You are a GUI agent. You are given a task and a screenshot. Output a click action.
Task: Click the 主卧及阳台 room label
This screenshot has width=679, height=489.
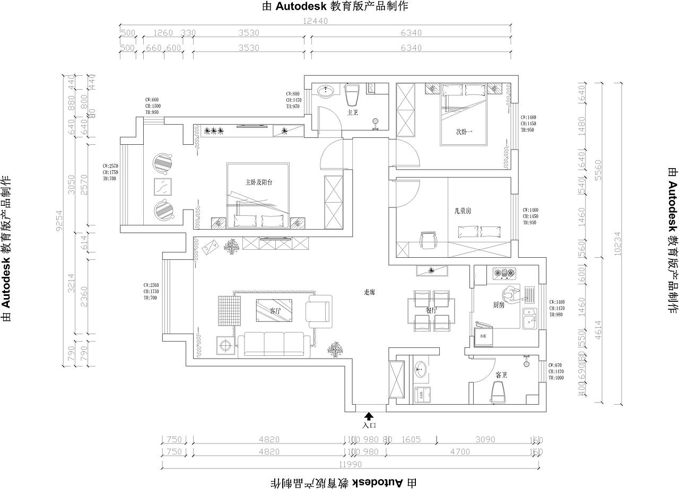coord(259,182)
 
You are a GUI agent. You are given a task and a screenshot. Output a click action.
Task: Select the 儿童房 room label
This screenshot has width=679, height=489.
coord(463,211)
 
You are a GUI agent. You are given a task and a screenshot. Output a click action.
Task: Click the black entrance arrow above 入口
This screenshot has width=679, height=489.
coord(369,417)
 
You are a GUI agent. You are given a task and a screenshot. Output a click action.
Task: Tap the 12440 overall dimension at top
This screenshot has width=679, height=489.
coord(316,21)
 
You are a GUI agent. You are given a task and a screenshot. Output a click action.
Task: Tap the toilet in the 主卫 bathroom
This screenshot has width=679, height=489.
coord(353,95)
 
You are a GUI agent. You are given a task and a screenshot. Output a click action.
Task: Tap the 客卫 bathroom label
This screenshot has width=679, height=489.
coord(500,375)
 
